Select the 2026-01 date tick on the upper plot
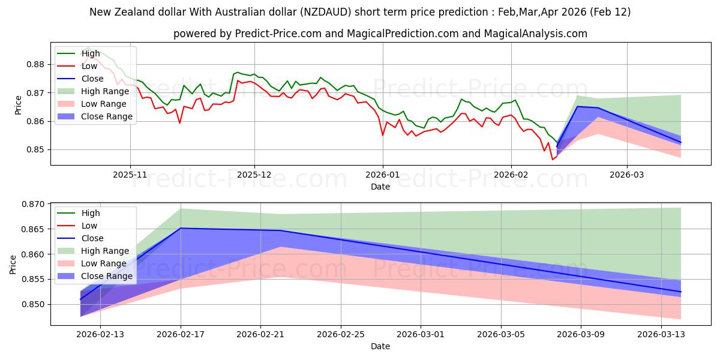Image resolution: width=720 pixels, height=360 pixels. (383, 174)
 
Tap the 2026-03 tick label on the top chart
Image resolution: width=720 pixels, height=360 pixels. (627, 174)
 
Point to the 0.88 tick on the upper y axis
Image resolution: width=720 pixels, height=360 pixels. (37, 65)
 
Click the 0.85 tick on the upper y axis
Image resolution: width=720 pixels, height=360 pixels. (37, 150)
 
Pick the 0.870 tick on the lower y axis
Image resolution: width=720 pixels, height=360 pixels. (35, 205)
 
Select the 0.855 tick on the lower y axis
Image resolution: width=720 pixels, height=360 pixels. (35, 280)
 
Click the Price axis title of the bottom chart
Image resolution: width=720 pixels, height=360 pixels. (14, 265)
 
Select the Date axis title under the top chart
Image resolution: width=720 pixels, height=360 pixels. (380, 187)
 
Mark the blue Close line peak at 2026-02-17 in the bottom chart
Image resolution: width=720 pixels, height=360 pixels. (181, 228)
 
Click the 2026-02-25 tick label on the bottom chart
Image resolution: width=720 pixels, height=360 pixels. (340, 335)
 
